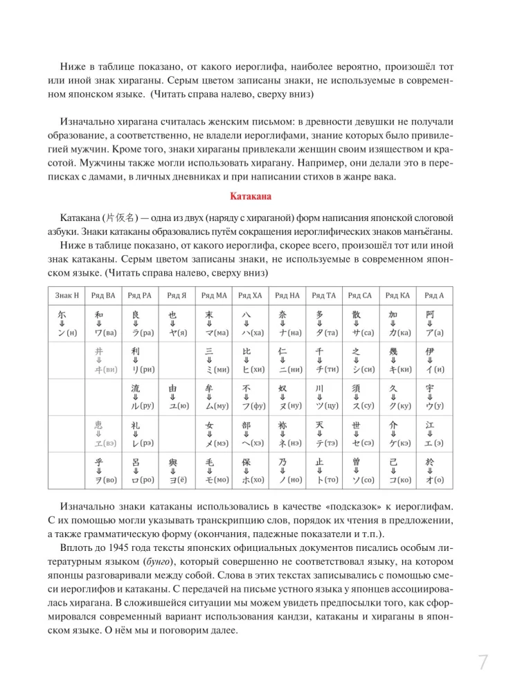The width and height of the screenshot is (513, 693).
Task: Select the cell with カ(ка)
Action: (397, 333)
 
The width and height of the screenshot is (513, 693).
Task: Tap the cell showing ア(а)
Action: (434, 333)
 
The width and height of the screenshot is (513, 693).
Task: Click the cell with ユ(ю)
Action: (177, 406)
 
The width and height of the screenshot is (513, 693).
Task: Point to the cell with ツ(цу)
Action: (323, 406)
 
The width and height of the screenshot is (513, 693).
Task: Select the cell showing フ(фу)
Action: (250, 406)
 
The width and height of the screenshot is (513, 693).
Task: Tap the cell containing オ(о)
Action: (434, 478)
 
